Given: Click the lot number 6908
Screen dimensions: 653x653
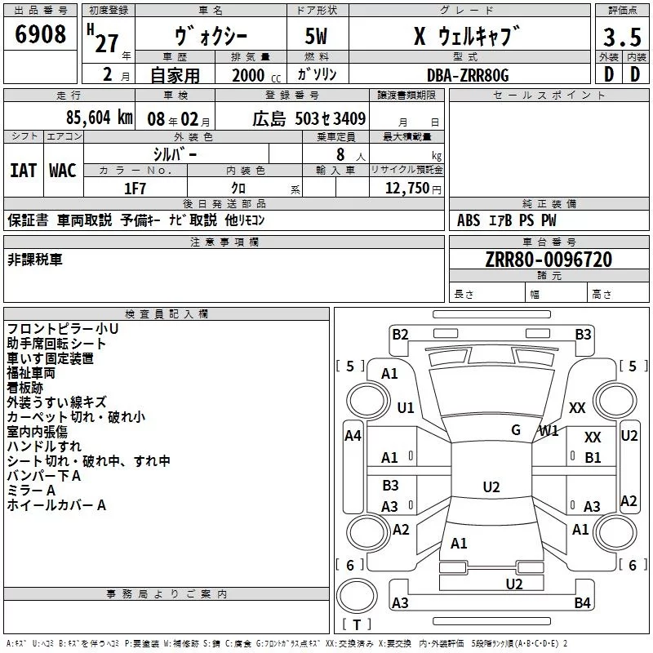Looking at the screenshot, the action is pyautogui.click(x=41, y=35).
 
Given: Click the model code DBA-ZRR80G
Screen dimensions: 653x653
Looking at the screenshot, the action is pyautogui.click(x=468, y=75).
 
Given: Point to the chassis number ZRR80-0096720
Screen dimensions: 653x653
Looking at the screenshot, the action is pyautogui.click(x=549, y=260).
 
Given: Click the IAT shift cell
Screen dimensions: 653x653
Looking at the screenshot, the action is pyautogui.click(x=23, y=170).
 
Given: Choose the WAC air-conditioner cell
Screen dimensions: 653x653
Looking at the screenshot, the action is pyautogui.click(x=62, y=170).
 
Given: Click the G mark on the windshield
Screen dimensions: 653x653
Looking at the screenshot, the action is pyautogui.click(x=516, y=429).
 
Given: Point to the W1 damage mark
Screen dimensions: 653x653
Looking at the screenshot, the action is pyautogui.click(x=548, y=430).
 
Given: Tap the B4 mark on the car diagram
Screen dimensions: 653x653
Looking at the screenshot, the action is pyautogui.click(x=582, y=603).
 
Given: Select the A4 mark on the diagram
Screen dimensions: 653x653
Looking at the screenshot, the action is pyautogui.click(x=353, y=436).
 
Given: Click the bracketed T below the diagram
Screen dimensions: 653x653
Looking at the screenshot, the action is pyautogui.click(x=357, y=624).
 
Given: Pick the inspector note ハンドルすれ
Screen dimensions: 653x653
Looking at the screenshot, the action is pyautogui.click(x=44, y=446).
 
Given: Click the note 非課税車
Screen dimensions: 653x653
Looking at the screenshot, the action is pyautogui.click(x=34, y=260).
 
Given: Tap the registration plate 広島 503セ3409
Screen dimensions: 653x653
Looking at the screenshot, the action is pyautogui.click(x=309, y=118).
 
